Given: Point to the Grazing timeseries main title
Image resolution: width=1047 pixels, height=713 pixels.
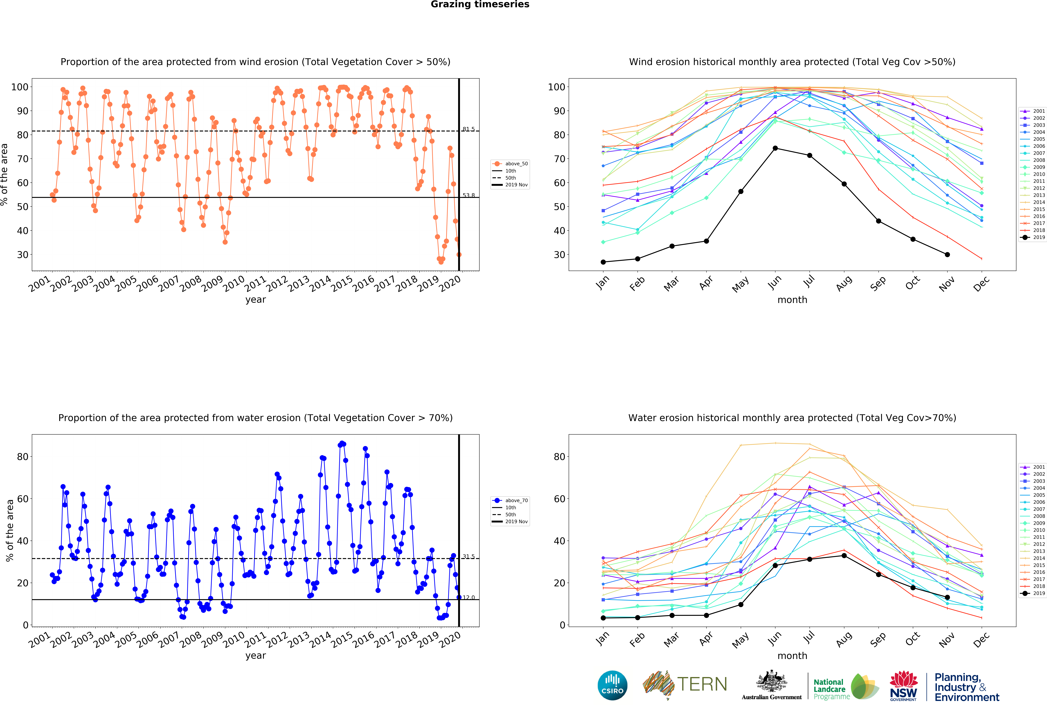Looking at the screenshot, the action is coord(480,4).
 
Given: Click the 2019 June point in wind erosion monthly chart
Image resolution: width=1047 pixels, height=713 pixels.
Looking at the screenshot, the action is coord(775,148).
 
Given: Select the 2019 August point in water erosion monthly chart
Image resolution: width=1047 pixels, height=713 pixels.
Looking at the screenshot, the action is coord(844,555).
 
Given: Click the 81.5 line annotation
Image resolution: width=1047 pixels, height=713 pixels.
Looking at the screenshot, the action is coord(468,129).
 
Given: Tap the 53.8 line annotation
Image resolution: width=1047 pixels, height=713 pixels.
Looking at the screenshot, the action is coord(468,195).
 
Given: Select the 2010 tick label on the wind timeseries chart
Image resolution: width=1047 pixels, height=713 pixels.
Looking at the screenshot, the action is coord(234,284).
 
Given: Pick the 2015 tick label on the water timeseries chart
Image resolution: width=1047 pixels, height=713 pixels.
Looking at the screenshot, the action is coord(342,640).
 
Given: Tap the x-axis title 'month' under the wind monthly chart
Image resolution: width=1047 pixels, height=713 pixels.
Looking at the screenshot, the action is coord(792,300).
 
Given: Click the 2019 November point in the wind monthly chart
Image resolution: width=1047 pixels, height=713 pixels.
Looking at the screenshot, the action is coord(947,254).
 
